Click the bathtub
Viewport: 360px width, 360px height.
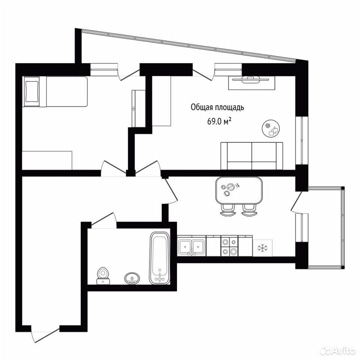[x=160, y=258]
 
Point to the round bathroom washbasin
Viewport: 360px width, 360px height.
[x=132, y=279]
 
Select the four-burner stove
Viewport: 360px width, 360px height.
[x=229, y=246]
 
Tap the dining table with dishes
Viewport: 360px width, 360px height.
[x=239, y=190]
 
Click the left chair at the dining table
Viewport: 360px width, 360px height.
[x=228, y=210]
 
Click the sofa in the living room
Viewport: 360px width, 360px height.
[x=252, y=156]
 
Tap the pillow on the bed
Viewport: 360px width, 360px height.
[x=31, y=91]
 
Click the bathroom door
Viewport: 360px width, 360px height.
[x=104, y=221]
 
